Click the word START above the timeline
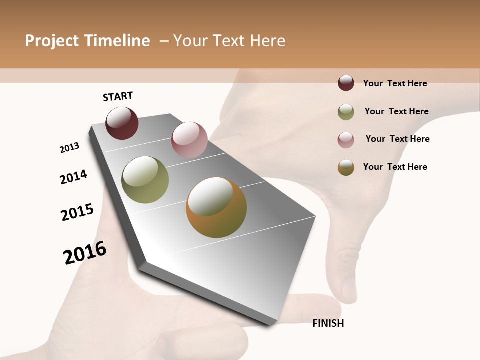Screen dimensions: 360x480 click(118, 96)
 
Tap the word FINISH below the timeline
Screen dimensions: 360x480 click(328, 323)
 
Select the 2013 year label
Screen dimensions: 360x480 click(69, 148)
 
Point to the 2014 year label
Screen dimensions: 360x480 click(73, 177)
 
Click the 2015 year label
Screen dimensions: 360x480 click(77, 212)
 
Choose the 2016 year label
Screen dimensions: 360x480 click(85, 253)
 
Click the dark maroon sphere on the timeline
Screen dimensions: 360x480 click(122, 123)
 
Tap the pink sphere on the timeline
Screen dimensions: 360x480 click(189, 139)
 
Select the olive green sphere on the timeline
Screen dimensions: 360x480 click(145, 180)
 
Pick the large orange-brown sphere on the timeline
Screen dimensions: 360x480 click(216, 207)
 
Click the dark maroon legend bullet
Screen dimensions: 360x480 click(346, 83)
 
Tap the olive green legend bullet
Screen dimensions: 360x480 click(346, 112)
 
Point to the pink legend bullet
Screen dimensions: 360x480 click(346, 140)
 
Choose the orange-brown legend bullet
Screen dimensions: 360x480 click(346, 167)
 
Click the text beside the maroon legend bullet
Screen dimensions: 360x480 click(395, 83)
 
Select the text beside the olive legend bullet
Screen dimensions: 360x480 click(396, 111)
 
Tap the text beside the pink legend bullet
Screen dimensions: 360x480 click(397, 139)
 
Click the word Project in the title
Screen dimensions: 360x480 click(52, 41)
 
